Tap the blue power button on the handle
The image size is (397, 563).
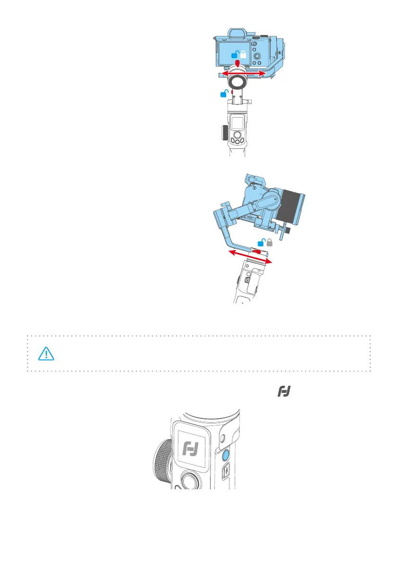point(225,456)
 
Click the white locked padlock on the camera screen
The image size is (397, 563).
point(243,54)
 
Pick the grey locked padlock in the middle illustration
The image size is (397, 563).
point(270,243)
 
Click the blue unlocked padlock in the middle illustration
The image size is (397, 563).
point(261,243)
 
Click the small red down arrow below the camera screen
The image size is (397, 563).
point(238,63)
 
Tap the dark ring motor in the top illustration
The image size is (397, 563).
point(237,82)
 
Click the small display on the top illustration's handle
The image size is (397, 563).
point(237,124)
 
